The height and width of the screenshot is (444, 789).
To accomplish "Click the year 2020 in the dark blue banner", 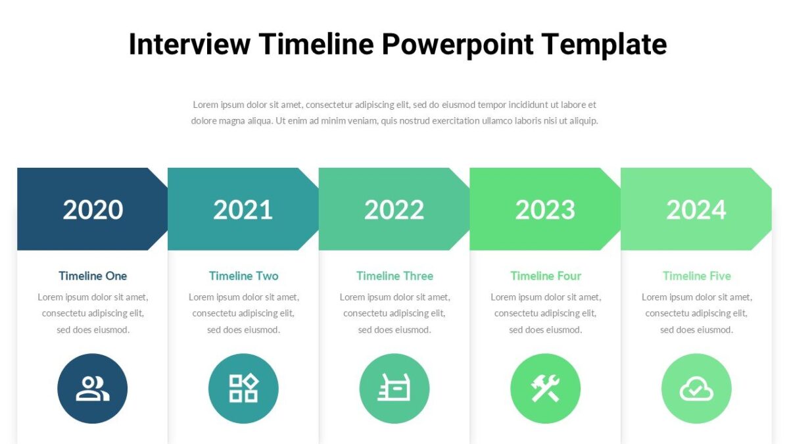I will pos(93,210).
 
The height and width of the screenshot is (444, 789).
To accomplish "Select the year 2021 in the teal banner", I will pos(243,210).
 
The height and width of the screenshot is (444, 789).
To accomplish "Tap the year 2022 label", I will pos(394,210).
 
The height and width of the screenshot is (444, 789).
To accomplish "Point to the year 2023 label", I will pos(545,210).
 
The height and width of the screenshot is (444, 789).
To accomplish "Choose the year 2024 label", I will pos(696,210).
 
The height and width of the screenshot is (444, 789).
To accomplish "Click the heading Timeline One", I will pos(93,276).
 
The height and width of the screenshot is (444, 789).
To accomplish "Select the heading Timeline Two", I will pos(243,276).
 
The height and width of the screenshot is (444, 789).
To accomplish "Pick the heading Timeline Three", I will pos(394,276).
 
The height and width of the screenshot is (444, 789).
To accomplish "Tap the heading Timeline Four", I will pos(546,276).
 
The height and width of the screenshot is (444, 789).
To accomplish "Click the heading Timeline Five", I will pos(696,276).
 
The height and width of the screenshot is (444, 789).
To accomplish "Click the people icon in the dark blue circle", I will pos(93,389).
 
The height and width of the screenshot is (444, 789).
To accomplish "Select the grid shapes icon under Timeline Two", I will pos(243,389).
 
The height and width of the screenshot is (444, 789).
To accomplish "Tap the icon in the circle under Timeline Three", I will pos(394,389).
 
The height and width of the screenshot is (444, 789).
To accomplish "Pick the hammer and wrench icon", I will pos(545,389).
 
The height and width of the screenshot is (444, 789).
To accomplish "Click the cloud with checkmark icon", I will pos(696,389).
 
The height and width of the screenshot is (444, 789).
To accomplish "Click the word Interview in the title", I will pos(189,45).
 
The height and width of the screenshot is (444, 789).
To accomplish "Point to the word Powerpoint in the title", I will pos(458,45).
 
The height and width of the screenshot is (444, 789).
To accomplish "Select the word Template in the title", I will pos(604,45).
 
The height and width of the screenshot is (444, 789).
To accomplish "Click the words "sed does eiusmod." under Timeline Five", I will pos(696,330).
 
